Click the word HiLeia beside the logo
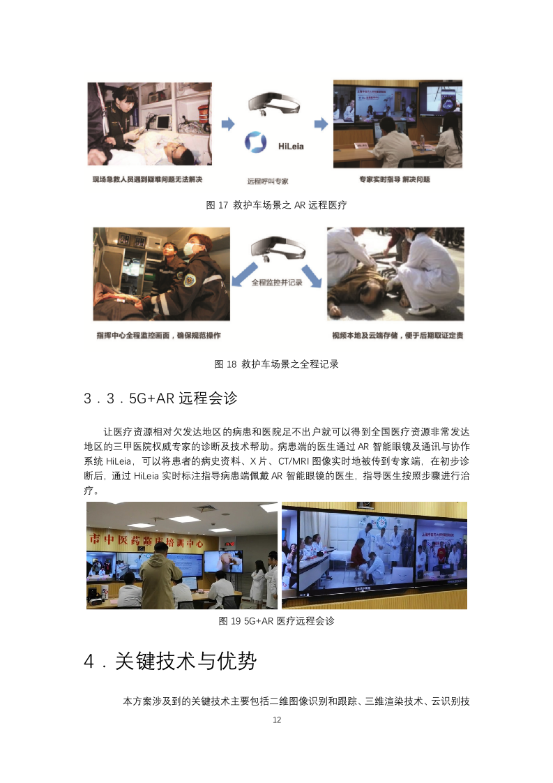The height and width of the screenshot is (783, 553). point(288,147)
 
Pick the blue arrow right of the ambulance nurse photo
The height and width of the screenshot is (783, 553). point(228,124)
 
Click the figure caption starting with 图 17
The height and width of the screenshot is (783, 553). point(277,205)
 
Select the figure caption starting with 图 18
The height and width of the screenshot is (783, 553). point(277,364)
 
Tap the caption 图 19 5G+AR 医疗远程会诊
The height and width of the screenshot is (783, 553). point(277,620)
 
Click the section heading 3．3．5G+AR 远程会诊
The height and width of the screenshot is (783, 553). point(160,398)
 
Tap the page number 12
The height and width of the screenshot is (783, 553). point(277,719)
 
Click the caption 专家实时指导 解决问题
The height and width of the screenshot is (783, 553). point(395,179)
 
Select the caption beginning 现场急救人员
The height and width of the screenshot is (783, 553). point(147,179)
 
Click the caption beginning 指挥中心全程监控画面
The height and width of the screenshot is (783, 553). point(158,336)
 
